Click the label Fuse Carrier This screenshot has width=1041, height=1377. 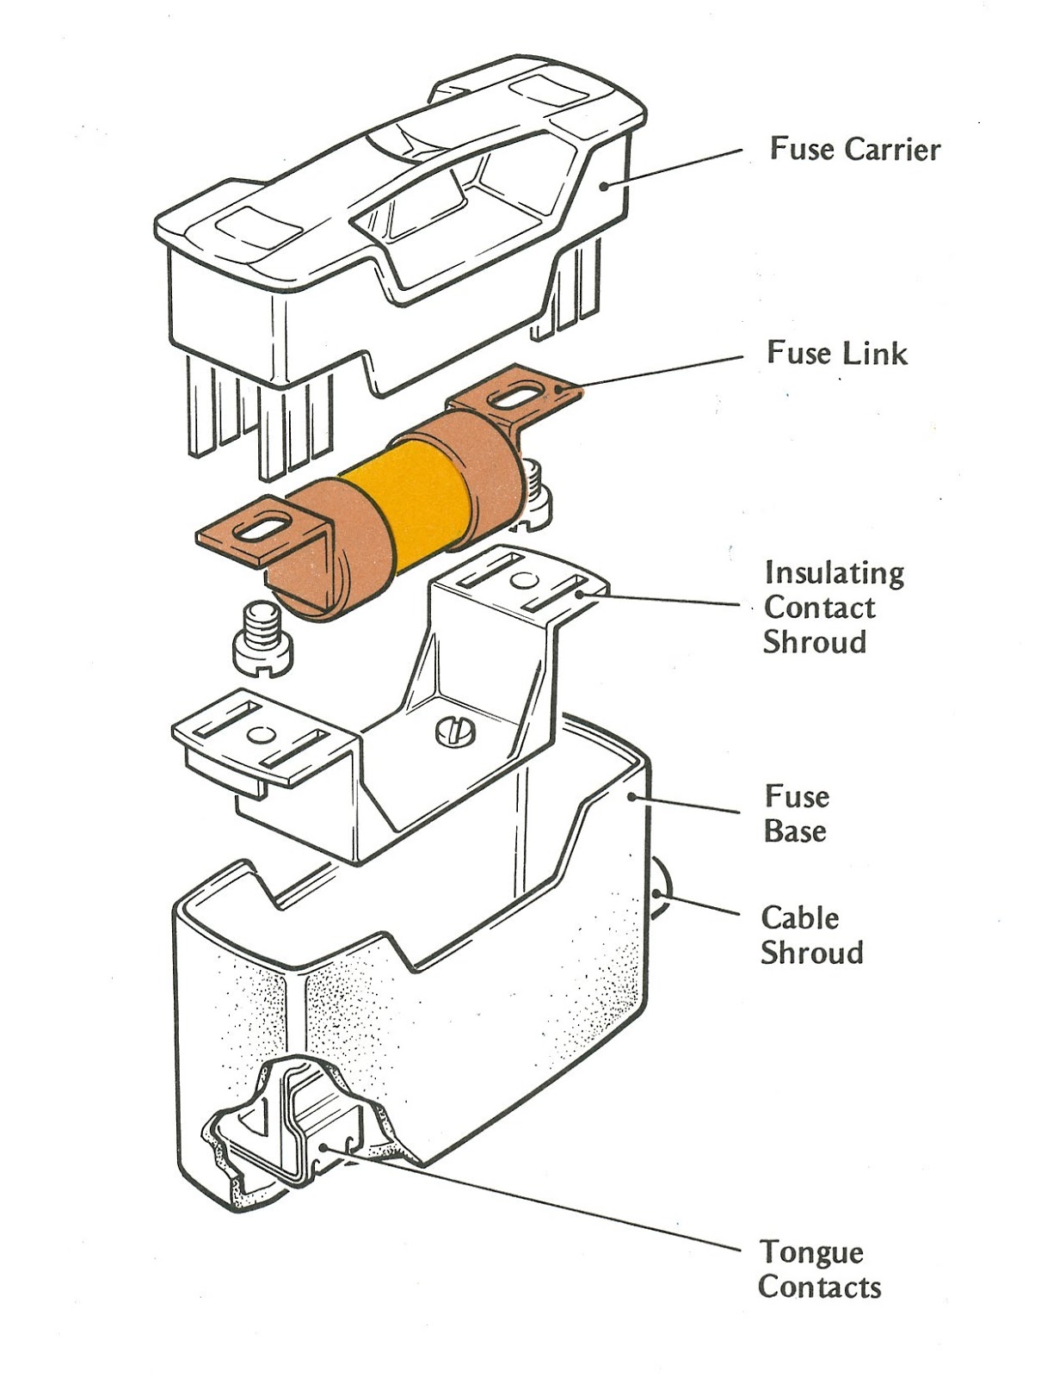854,149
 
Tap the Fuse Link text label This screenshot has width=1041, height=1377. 836,353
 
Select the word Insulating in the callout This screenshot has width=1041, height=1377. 834,572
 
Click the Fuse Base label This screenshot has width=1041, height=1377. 796,813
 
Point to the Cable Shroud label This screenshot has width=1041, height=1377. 810,935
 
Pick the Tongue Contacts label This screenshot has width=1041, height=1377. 818,1269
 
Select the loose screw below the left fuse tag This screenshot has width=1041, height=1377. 262,640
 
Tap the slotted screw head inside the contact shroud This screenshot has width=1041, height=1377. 455,730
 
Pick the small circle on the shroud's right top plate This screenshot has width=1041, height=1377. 520,580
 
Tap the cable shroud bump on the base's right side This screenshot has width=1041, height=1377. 659,892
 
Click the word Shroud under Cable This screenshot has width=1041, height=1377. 812,953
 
